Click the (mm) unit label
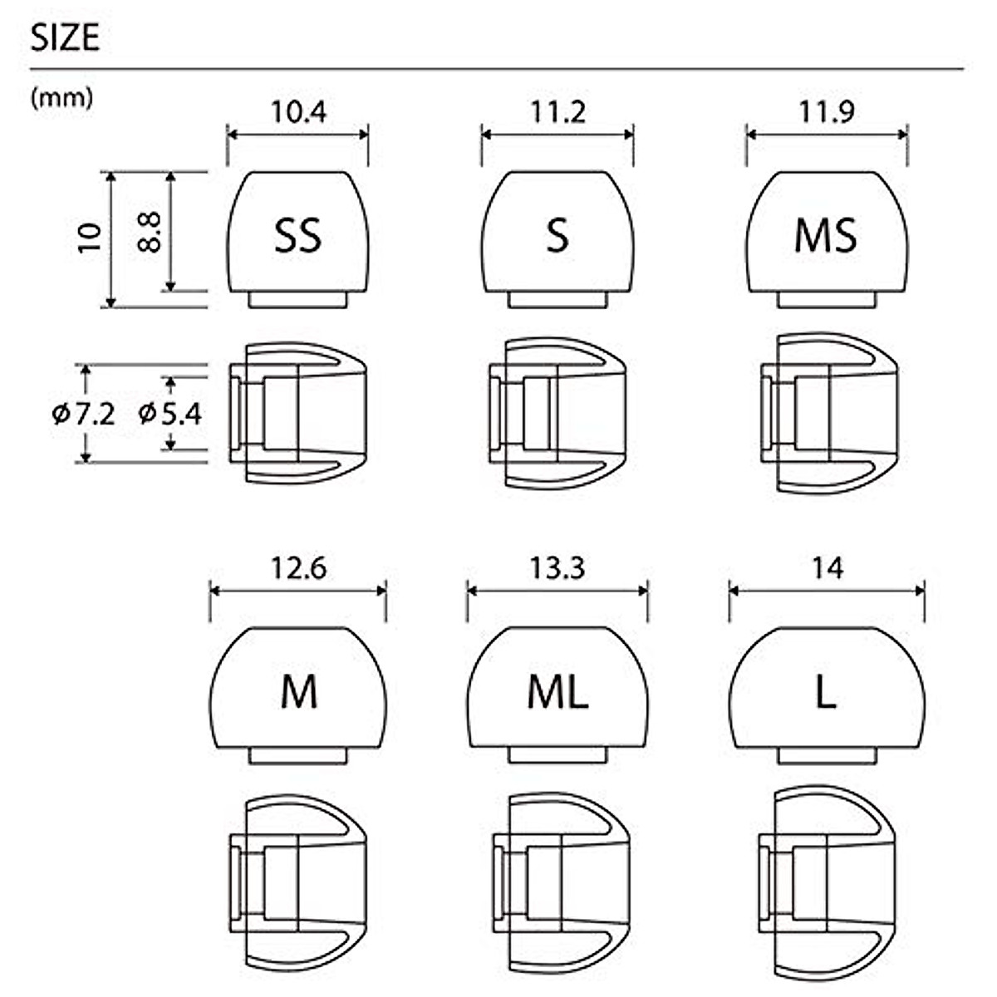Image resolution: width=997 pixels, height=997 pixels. tap(61, 98)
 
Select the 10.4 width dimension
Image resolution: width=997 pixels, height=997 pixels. tap(297, 111)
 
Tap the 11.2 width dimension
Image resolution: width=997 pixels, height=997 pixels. tap(557, 111)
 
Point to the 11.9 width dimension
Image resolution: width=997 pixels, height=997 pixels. tap(827, 111)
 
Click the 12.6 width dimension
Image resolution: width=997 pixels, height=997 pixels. tap(298, 568)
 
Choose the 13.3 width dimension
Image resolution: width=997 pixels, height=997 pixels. tap(557, 568)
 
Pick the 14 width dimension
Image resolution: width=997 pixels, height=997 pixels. tap(828, 568)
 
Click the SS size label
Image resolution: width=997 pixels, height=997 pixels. tap(297, 236)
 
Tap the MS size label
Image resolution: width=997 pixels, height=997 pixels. tap(826, 236)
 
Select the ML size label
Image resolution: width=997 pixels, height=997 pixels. tap(557, 693)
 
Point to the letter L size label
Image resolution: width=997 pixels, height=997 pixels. tap(826, 693)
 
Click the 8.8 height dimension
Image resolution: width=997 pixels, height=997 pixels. tap(150, 231)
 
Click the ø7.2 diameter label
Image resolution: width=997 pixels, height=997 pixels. tap(83, 413)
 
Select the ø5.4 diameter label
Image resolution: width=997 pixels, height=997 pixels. tap(169, 413)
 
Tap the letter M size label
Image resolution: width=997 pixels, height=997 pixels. tap(298, 693)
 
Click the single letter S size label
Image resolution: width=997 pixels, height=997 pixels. tap(557, 236)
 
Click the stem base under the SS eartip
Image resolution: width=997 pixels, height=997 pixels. tap(297, 299)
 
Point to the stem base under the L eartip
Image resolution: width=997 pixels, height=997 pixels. tap(827, 755)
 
